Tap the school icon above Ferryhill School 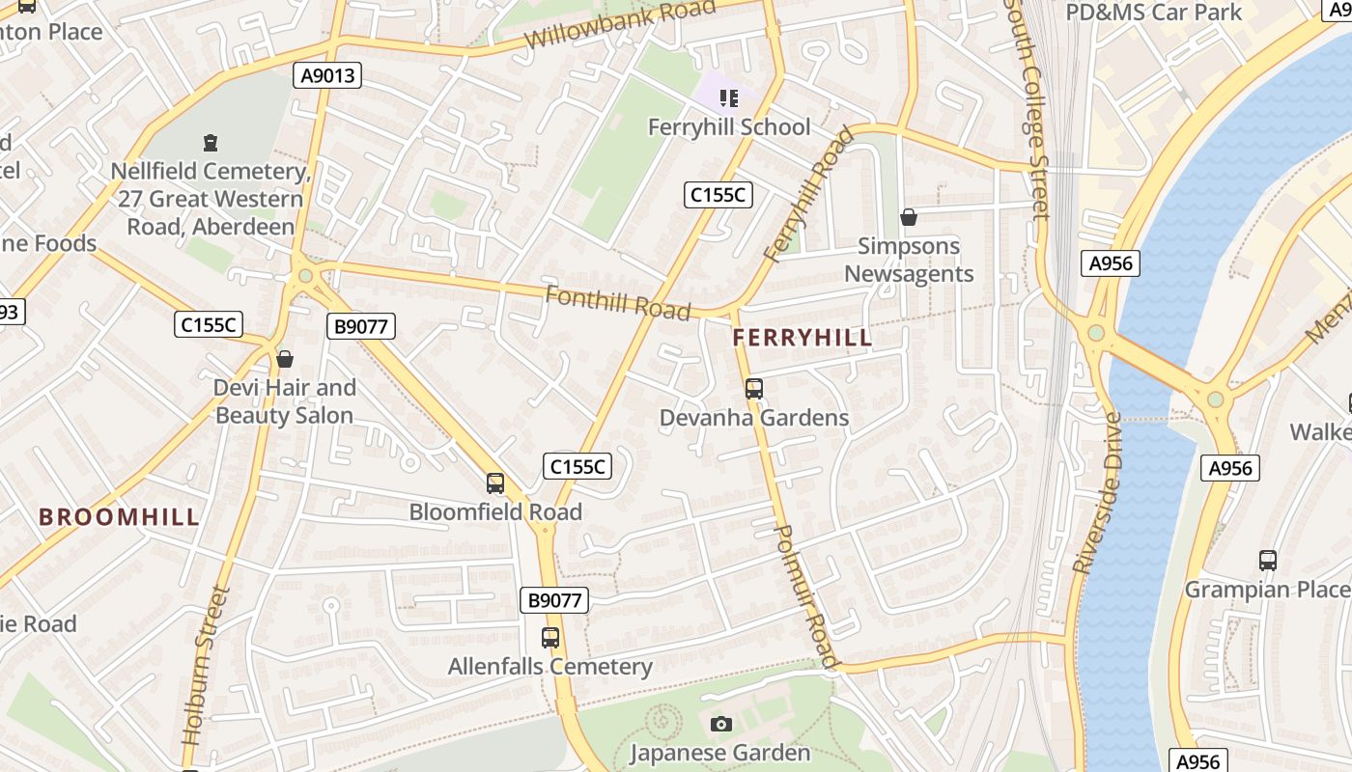[x=729, y=97]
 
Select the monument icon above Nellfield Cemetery [x=211, y=144]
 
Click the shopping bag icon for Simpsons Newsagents [x=908, y=217]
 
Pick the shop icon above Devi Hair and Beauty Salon [x=285, y=359]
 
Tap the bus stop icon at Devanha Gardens [x=754, y=389]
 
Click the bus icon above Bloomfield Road [x=495, y=483]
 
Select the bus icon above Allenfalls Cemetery [x=550, y=638]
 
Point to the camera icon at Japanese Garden [x=720, y=724]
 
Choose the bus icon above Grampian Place [x=1267, y=560]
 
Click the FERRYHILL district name [x=802, y=339]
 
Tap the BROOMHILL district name [x=120, y=516]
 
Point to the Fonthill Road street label [x=618, y=302]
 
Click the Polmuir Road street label [x=805, y=596]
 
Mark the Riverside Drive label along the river [x=1098, y=493]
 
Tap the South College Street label [x=1027, y=108]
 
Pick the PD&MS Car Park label [x=1153, y=13]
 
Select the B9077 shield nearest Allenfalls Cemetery [x=555, y=600]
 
